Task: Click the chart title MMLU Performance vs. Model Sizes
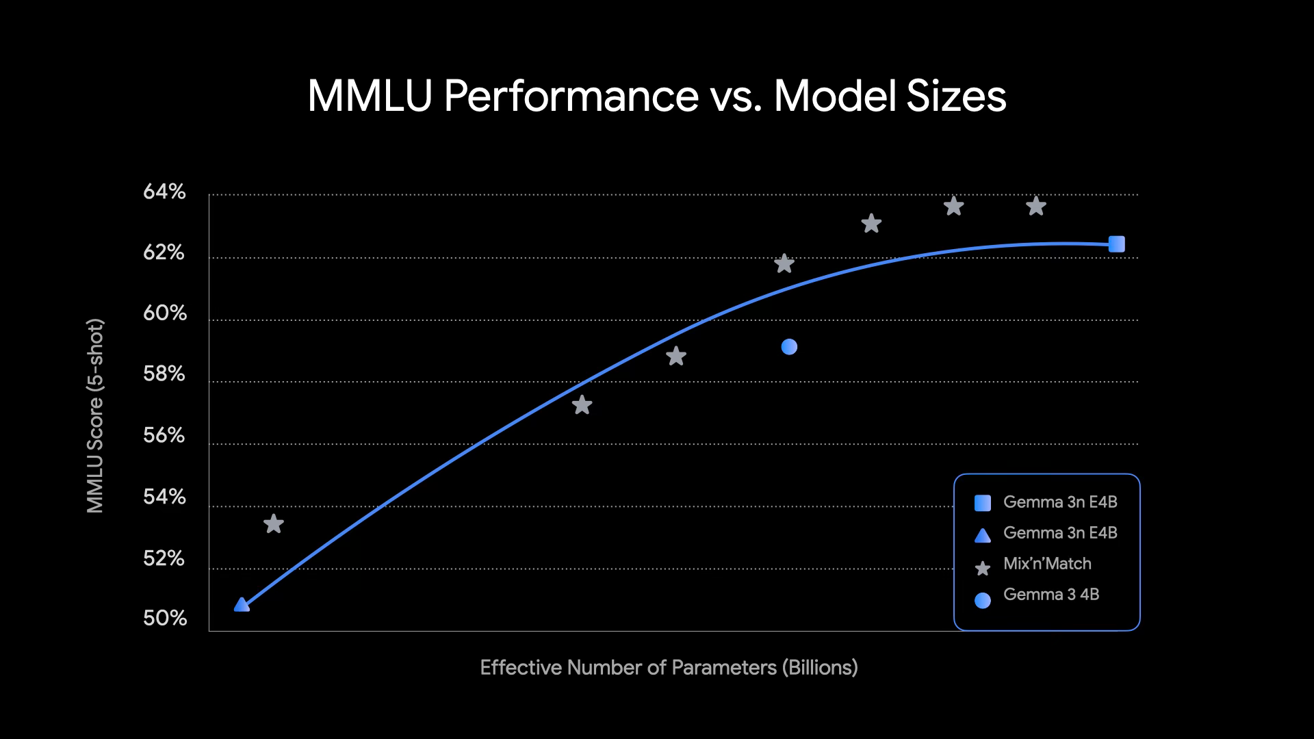pos(657,96)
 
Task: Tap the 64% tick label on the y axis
pos(164,192)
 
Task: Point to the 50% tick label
pos(164,619)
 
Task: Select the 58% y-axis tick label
pos(164,374)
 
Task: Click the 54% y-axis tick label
pos(164,497)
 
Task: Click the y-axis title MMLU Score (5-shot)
pos(95,415)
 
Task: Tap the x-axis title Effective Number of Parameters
pos(669,667)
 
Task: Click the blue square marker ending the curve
pos(1116,244)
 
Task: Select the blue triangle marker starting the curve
pos(242,604)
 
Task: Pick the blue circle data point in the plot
pos(789,347)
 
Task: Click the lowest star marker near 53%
pos(274,523)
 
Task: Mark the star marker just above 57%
pos(582,405)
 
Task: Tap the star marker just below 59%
pos(676,356)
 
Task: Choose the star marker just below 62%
pos(784,263)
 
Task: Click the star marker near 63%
pos(871,223)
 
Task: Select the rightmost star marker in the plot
pos(1036,205)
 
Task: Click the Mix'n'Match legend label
pos(1047,564)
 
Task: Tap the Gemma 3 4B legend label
pos(1051,595)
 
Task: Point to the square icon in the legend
pos(982,503)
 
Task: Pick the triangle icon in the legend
pos(982,535)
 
